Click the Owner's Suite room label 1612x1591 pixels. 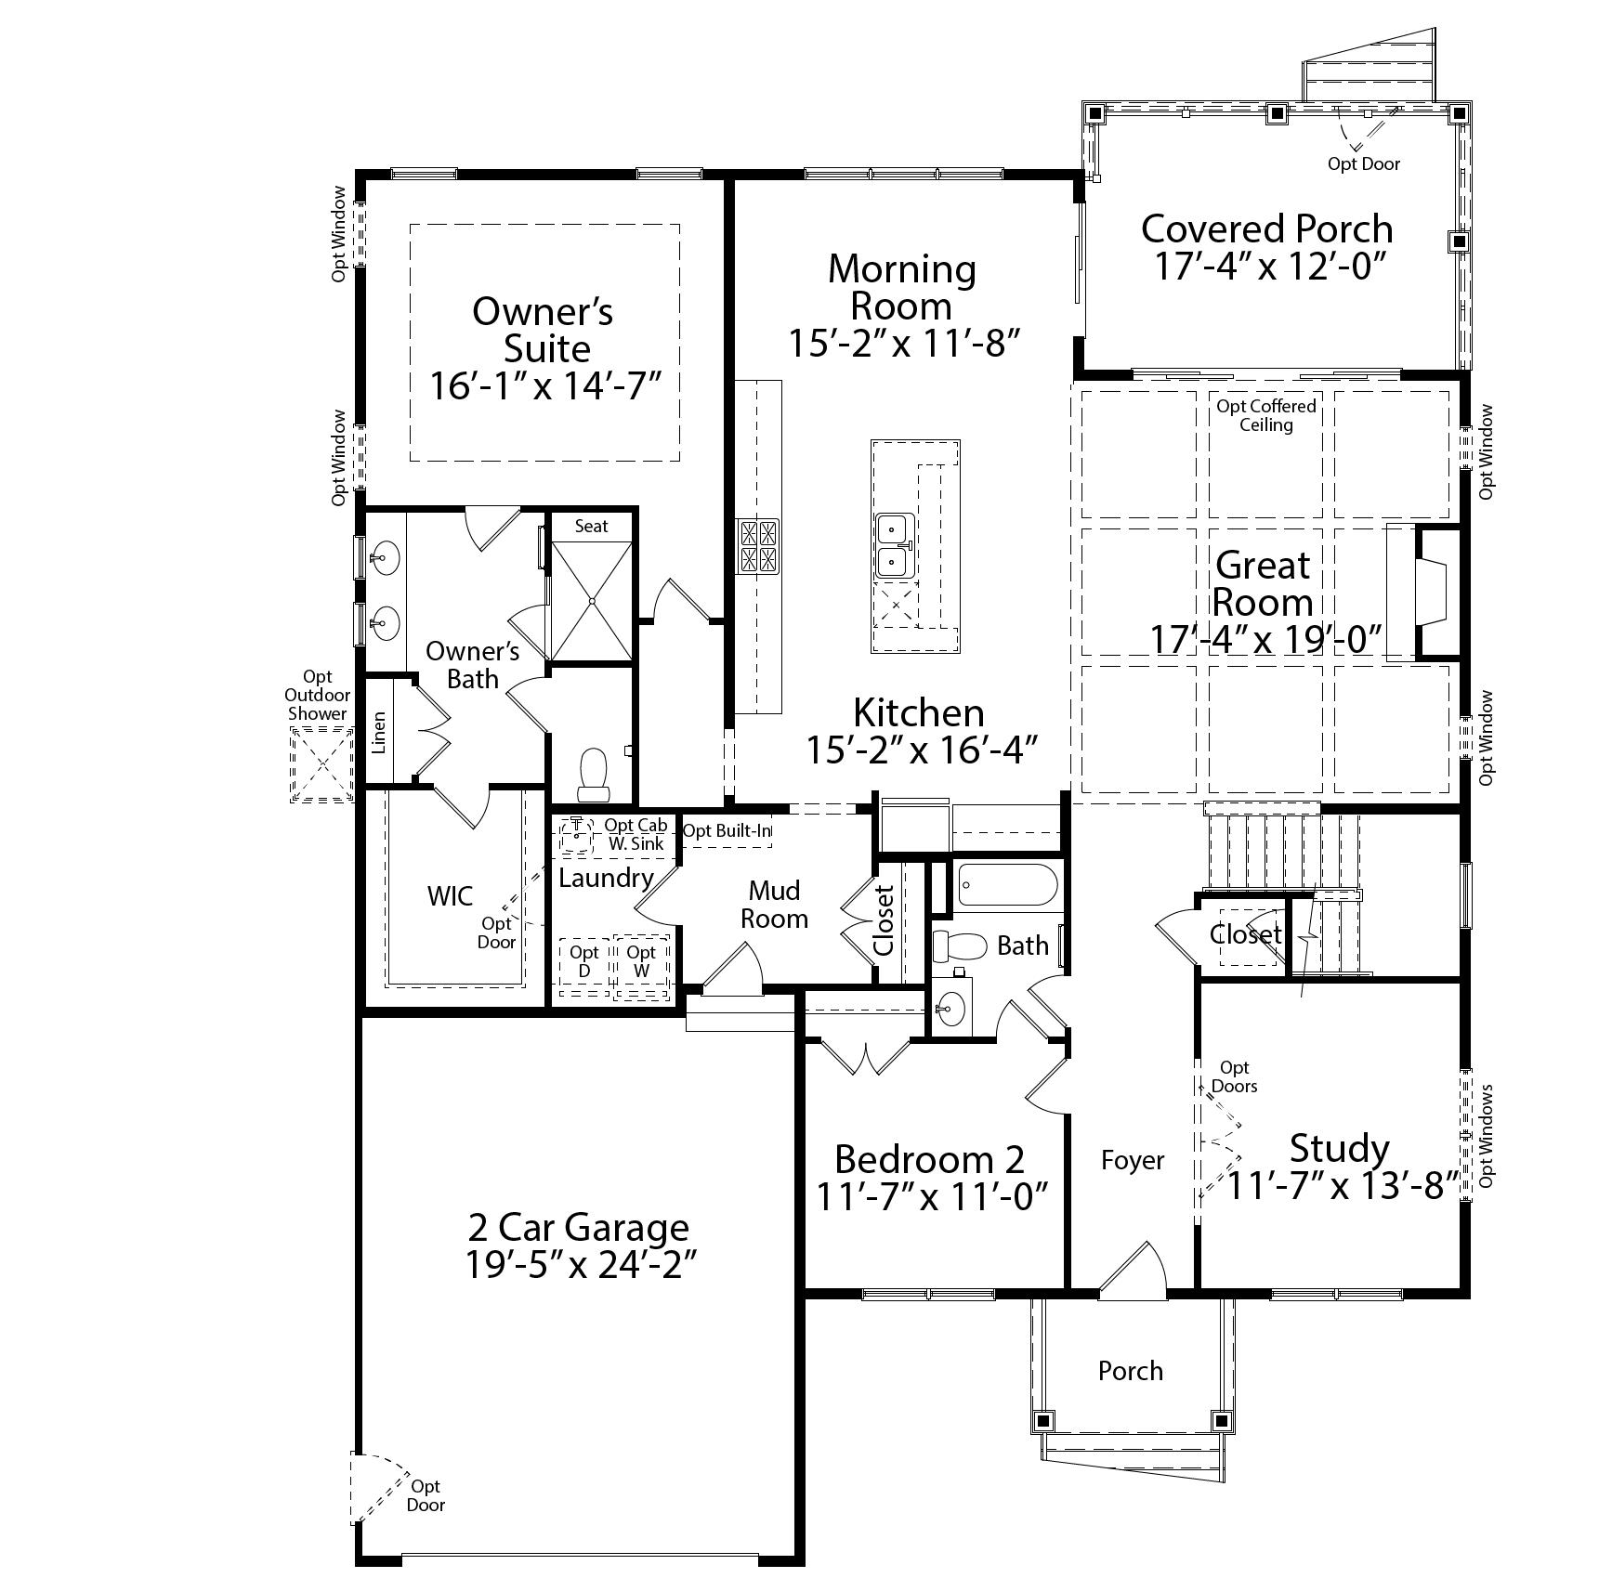coord(544,330)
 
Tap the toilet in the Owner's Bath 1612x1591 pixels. coord(592,776)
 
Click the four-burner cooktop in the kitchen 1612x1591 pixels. coord(758,546)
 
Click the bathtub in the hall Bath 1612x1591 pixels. coord(1007,886)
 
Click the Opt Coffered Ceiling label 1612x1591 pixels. coord(1266,415)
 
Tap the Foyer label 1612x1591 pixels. coord(1132,1160)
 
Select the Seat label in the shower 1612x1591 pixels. coord(591,527)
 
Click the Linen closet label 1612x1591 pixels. coord(379,733)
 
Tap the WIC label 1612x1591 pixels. coord(450,896)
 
